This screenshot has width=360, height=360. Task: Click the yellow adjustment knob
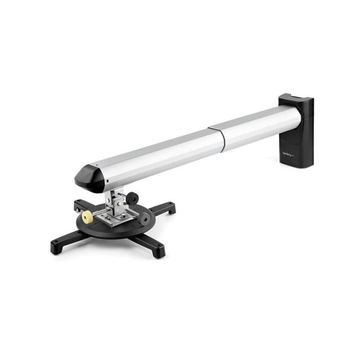[x=88, y=217]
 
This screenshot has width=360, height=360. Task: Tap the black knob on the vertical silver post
[x=133, y=198]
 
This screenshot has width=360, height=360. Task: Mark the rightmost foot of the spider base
[x=169, y=209]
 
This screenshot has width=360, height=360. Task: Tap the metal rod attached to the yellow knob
[x=98, y=214]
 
